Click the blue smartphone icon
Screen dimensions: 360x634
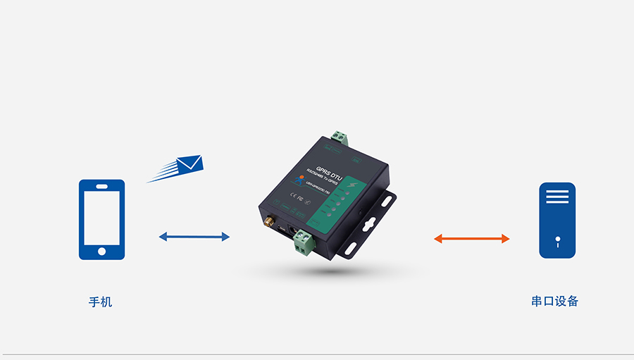point(101,219)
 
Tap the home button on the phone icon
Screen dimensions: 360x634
point(101,250)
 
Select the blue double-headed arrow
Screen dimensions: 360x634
point(194,237)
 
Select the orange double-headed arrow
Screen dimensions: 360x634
point(471,239)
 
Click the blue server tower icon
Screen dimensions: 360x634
point(557,220)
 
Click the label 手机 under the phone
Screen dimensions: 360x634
point(100,302)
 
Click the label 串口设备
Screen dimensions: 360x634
point(555,302)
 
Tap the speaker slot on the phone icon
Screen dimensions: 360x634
point(101,187)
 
